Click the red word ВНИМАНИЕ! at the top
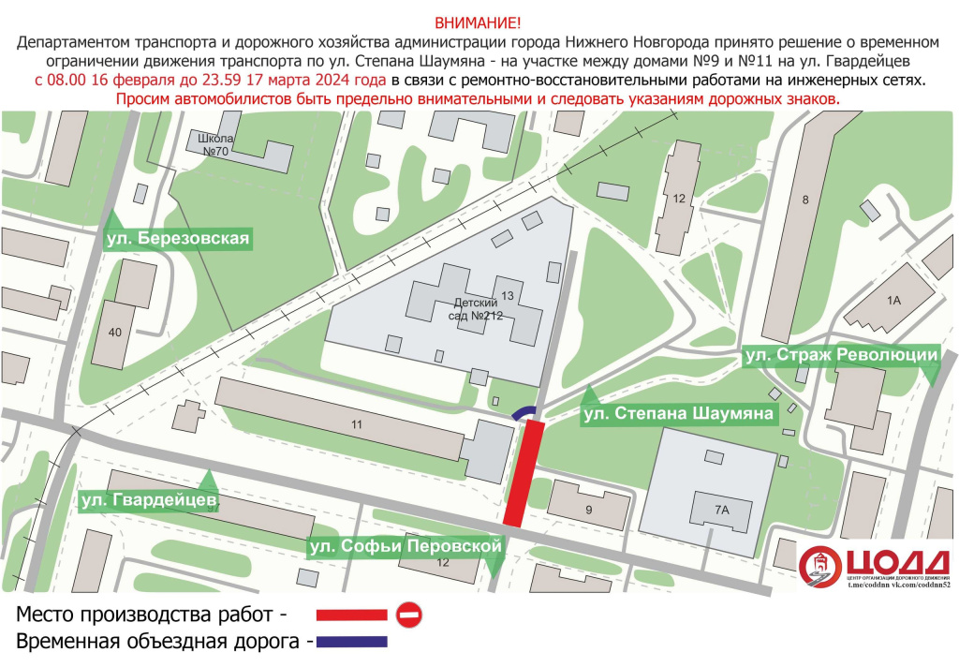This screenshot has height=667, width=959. (x=479, y=22)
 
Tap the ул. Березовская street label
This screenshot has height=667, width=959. (x=178, y=239)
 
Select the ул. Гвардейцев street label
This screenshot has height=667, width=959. (x=149, y=503)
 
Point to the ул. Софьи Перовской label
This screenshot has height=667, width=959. (x=406, y=546)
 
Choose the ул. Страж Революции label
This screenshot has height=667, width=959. (x=840, y=355)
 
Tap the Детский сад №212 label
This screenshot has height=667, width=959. (x=478, y=309)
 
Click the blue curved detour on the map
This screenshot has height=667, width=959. (x=524, y=412)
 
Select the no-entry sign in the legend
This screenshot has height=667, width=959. (x=409, y=615)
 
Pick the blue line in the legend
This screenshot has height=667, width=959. (x=351, y=643)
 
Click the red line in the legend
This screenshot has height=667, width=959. (x=351, y=615)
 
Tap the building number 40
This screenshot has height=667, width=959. (x=115, y=332)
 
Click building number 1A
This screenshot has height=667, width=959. (x=893, y=301)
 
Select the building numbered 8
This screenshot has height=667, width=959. (x=804, y=199)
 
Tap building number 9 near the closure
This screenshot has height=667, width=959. (x=589, y=510)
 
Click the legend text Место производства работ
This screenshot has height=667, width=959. (x=148, y=615)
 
